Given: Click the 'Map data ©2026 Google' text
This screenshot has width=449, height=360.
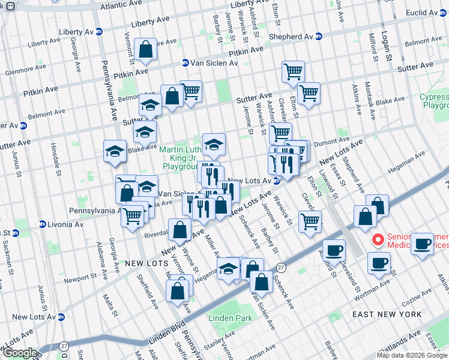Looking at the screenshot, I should (412, 355).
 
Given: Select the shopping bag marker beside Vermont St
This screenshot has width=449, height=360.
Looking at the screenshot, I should (146, 50).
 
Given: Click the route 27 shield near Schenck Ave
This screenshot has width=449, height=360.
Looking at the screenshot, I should (280, 266).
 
